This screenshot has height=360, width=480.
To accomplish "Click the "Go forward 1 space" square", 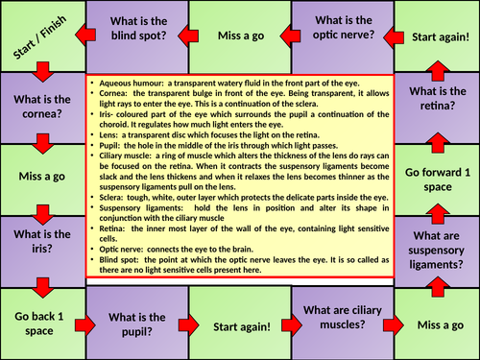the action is coord(437,180).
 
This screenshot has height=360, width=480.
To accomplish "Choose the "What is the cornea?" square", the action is coord(40,103).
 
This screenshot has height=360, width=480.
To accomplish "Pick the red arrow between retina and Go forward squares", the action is coord(437,141).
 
